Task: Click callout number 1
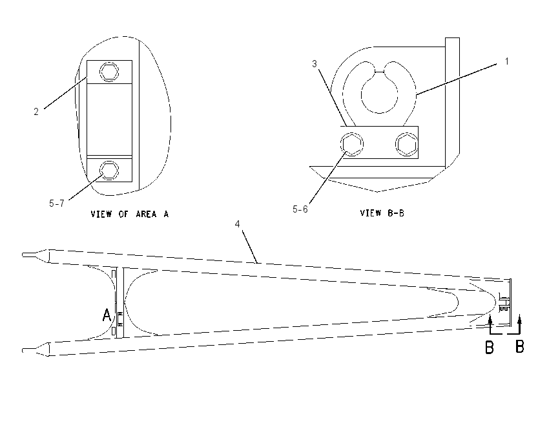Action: (506, 61)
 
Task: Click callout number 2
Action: (36, 112)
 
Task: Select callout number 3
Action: (315, 64)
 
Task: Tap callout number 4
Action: (238, 224)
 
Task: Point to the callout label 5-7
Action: (57, 204)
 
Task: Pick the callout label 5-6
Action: (300, 209)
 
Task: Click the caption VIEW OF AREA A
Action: (130, 214)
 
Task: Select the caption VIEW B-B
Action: (382, 213)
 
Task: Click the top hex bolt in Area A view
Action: (109, 72)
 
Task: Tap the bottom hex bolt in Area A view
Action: (109, 171)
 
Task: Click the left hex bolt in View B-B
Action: (352, 144)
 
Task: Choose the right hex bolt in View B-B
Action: (407, 144)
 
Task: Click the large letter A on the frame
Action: (107, 315)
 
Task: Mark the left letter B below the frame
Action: (489, 347)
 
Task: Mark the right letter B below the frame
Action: (519, 346)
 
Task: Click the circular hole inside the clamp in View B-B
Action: (380, 94)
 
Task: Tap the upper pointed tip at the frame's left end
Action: (23, 255)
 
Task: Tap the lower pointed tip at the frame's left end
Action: (23, 350)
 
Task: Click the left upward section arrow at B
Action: (490, 324)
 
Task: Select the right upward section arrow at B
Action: (519, 324)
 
